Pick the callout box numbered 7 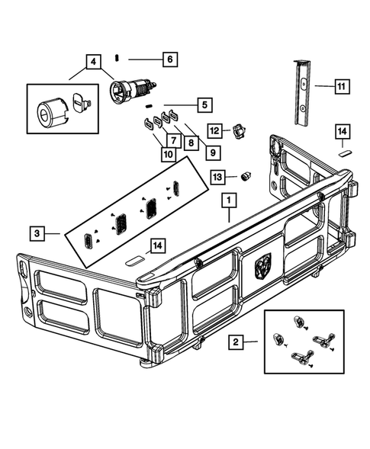[174, 140]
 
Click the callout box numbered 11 [340, 87]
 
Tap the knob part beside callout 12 [240, 132]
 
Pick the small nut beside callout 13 [246, 176]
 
